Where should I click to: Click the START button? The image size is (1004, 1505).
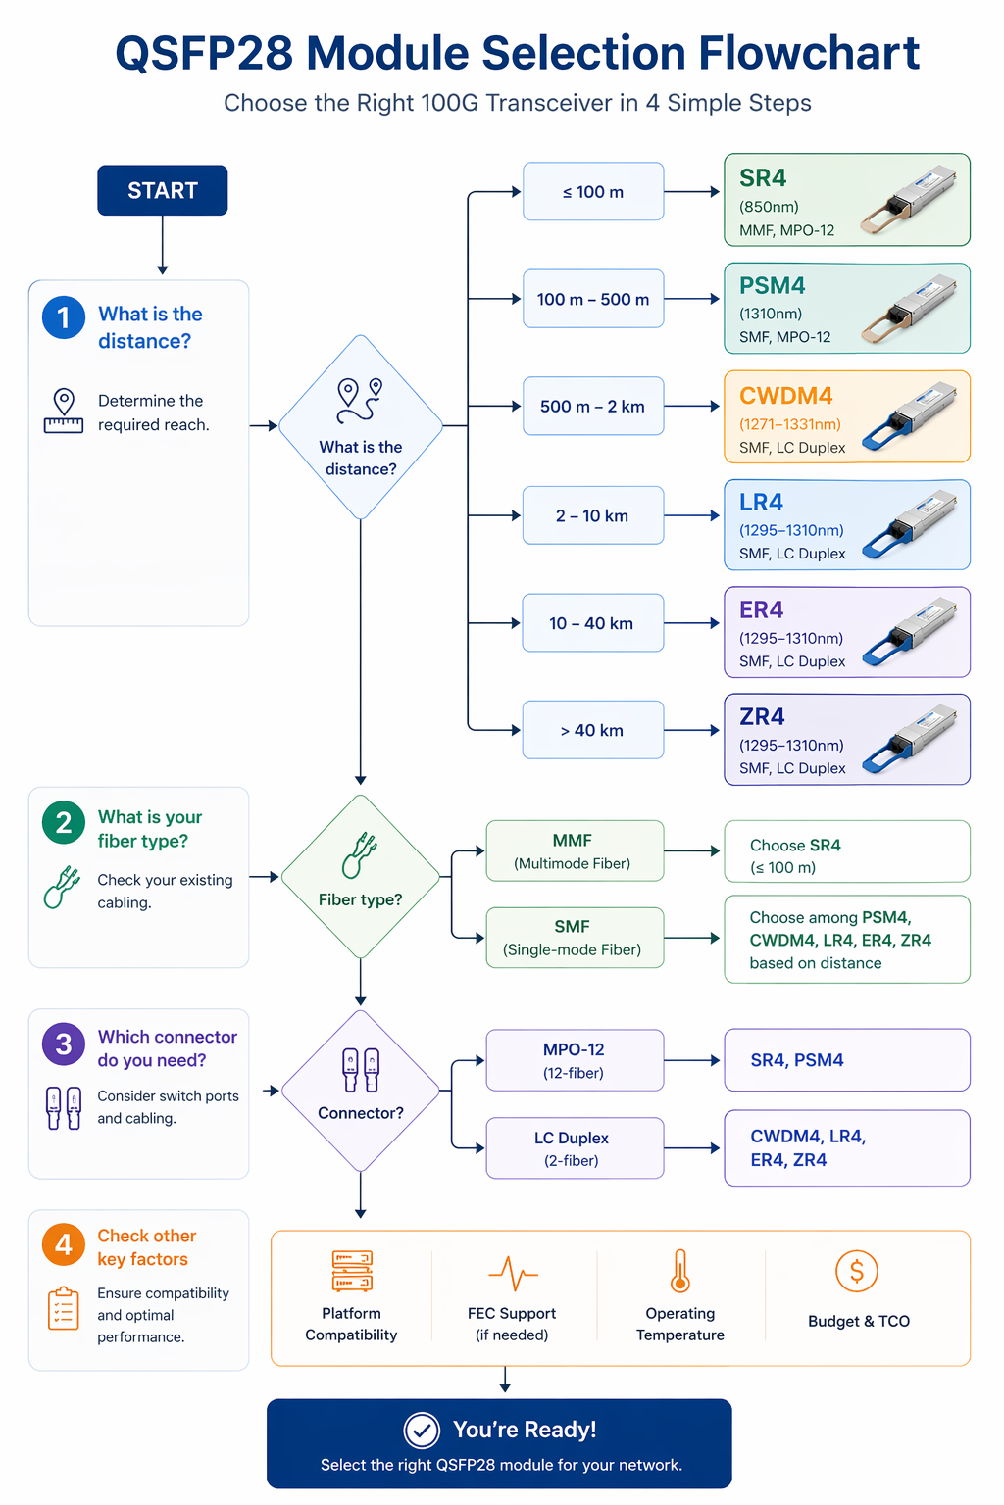(162, 190)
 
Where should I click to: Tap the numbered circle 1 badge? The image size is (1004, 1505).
(64, 317)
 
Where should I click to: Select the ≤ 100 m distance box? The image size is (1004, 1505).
(593, 192)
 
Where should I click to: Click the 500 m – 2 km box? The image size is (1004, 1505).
(593, 407)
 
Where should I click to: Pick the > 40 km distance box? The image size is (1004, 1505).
(593, 730)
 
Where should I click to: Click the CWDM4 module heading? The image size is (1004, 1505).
(785, 396)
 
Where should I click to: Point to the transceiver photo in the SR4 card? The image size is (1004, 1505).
(909, 201)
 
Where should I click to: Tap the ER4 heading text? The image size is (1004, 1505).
(761, 609)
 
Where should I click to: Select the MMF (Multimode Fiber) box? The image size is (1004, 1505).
(575, 851)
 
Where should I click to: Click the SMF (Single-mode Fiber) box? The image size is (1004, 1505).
(575, 938)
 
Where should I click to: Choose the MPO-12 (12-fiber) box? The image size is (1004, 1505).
(575, 1060)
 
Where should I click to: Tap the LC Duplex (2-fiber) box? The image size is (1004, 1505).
(575, 1148)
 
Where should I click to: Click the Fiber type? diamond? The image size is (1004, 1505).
(361, 877)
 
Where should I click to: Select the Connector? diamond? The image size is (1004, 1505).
(361, 1091)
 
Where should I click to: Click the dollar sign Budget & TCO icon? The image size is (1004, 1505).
(856, 1272)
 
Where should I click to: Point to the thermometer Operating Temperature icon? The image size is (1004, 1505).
(680, 1272)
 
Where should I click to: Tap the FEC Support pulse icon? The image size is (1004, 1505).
(513, 1274)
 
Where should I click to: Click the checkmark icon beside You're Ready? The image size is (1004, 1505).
(422, 1431)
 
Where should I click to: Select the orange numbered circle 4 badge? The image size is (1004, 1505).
(64, 1244)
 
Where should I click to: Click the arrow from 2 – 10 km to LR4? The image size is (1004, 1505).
(692, 515)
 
